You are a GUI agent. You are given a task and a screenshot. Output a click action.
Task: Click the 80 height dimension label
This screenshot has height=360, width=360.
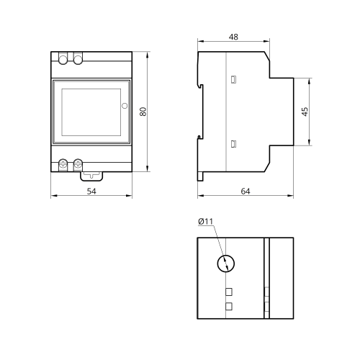point(143,112)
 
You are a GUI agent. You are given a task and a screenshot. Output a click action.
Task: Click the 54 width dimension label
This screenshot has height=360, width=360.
point(91,192)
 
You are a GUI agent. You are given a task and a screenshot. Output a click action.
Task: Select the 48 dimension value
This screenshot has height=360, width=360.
point(233,37)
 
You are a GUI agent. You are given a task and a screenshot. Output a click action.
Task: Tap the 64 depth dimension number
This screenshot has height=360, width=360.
point(246,192)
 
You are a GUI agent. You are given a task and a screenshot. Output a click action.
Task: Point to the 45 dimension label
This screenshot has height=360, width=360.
point(305,112)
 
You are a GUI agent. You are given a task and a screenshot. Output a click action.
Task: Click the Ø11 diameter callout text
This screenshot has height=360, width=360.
point(206,221)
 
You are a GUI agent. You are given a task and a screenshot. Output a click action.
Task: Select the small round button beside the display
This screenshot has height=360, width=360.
point(125,106)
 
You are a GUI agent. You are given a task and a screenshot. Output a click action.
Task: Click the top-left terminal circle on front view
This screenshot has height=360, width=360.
point(63,60)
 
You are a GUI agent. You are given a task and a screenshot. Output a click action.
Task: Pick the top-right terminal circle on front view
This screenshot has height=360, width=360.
point(78,60)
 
